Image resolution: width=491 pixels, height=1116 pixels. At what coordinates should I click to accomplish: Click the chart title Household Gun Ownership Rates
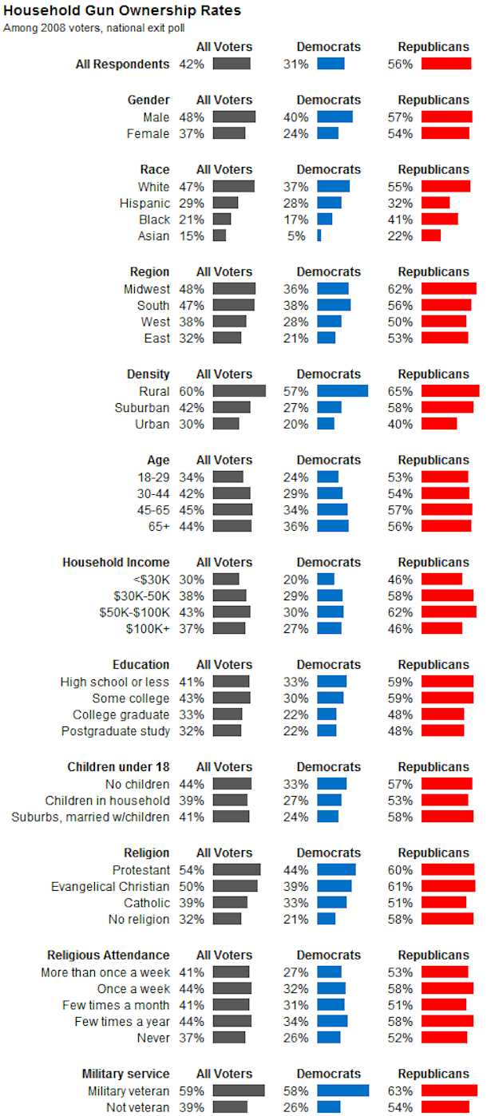click(x=122, y=11)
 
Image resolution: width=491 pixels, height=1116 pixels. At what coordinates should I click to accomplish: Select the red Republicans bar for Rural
click(x=450, y=391)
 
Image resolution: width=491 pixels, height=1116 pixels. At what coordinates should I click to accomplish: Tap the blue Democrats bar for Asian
click(x=319, y=235)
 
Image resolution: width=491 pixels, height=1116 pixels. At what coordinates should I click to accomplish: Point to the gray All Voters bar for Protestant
click(x=236, y=869)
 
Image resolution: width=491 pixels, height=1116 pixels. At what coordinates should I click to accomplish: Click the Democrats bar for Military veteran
click(x=343, y=1090)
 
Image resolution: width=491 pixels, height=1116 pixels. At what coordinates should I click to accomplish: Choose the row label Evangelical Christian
click(x=110, y=886)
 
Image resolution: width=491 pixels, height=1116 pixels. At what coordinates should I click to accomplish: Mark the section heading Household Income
click(x=116, y=562)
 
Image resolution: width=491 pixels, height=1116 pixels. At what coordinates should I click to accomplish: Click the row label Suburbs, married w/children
click(x=90, y=817)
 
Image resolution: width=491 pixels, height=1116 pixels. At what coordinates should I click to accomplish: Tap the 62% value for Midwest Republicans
click(x=401, y=289)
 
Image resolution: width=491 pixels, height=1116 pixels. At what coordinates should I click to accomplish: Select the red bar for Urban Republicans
click(x=439, y=424)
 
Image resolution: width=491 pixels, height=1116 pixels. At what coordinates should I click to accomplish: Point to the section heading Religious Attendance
click(x=109, y=955)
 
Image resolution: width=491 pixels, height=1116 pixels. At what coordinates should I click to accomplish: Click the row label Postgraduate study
click(x=115, y=730)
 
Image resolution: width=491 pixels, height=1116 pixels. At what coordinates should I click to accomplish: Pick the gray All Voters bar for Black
click(x=222, y=220)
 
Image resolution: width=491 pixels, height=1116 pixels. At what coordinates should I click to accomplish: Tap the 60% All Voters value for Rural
click(x=192, y=391)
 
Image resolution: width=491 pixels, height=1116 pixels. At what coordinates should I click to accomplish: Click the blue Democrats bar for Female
click(x=327, y=133)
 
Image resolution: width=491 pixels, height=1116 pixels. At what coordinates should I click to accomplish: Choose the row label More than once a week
click(x=105, y=972)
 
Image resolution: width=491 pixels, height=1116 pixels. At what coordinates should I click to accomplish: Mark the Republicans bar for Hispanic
click(x=435, y=203)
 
